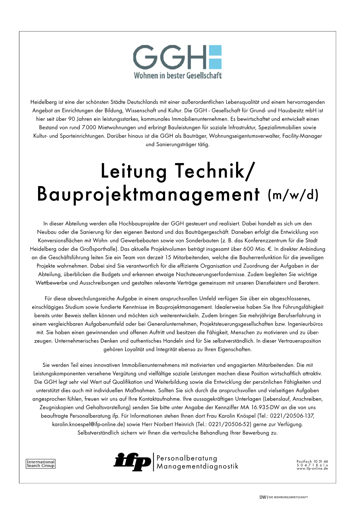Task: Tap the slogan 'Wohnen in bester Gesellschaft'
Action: tap(178, 75)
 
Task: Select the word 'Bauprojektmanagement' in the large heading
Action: tap(148, 194)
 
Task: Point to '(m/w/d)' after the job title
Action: tap(292, 195)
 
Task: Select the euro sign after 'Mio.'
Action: tap(270, 249)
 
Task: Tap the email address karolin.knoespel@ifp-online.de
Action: tap(88, 424)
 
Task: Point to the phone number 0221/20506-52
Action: tap(229, 424)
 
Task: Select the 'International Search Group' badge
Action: tap(41, 464)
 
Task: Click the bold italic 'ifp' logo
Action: tap(132, 462)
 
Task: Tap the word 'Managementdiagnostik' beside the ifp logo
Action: tap(197, 466)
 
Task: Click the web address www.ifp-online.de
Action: tap(312, 469)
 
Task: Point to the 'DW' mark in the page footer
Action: tap(263, 497)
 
